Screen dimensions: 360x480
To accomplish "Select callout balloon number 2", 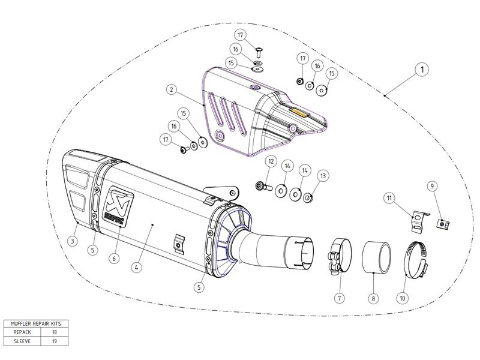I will click(172, 90).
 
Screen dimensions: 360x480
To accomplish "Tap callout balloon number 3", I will click(72, 241).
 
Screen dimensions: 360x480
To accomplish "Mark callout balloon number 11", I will click(389, 197).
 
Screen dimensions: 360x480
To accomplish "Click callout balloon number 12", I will click(271, 161).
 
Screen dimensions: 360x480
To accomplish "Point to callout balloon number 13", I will click(324, 176).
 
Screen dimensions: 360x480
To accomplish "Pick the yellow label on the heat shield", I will click(299, 111).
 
